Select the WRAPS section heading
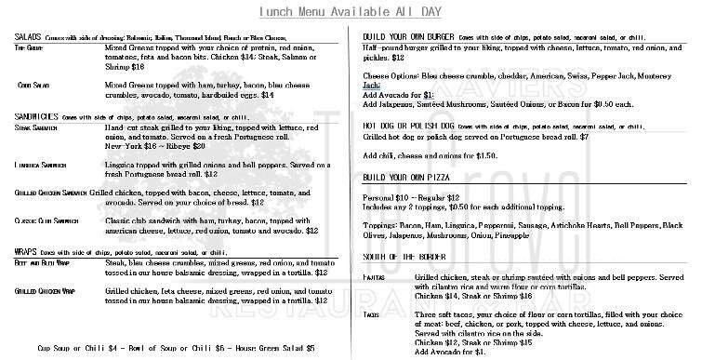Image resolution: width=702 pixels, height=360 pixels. coord(29,252)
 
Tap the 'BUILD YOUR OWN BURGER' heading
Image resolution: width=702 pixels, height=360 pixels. coord(409,36)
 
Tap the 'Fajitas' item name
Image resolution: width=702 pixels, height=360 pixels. coord(377,278)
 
